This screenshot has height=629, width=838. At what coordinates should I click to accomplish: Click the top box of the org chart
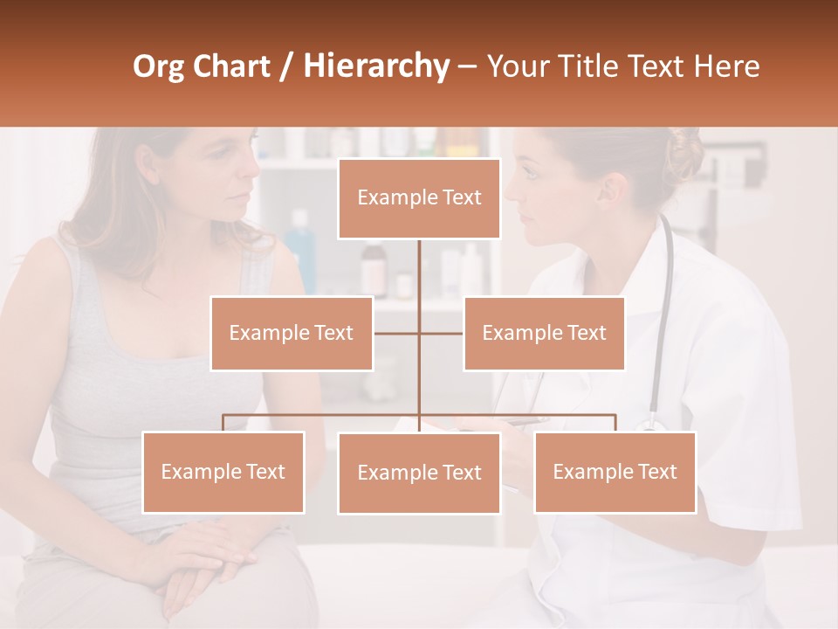419,198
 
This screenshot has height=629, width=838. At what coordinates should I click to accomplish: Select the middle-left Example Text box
292,333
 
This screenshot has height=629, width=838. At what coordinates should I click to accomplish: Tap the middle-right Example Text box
544,333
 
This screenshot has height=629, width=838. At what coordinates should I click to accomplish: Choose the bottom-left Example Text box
223,472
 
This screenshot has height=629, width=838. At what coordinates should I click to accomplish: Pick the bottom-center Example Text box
419,473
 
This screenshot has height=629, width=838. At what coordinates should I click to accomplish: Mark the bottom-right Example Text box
615,472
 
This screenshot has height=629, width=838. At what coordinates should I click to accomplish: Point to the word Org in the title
161,66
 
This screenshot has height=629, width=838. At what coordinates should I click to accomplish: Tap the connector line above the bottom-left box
223,423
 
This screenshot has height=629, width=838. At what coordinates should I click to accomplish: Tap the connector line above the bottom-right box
615,423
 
